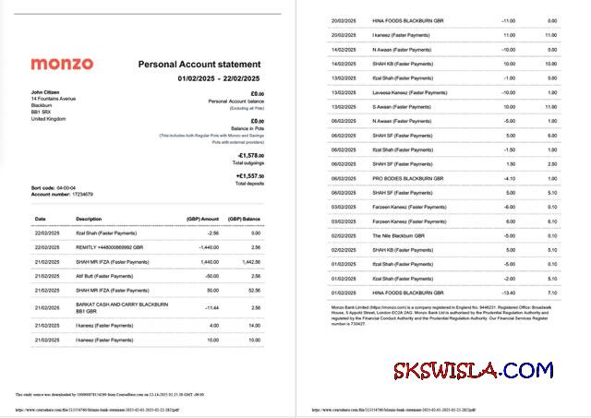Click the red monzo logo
pyautogui.click(x=62, y=65)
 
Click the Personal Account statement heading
pyautogui.click(x=200, y=65)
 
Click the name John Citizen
pyautogui.click(x=46, y=92)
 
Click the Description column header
pyautogui.click(x=89, y=219)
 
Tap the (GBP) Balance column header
pyautogui.click(x=247, y=219)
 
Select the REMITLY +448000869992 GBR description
pyautogui.click(x=111, y=247)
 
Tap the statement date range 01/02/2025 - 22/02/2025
pyautogui.click(x=220, y=78)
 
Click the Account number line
pyautogui.click(x=62, y=194)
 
